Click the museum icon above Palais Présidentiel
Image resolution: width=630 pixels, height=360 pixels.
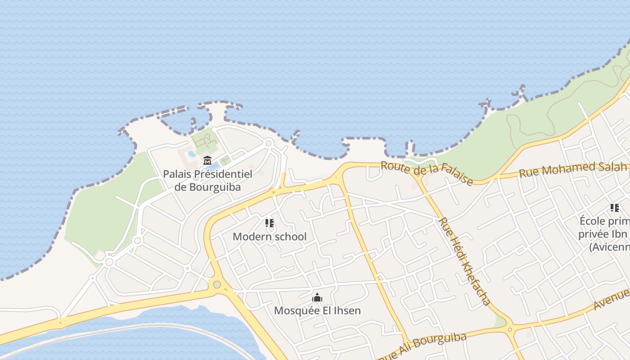pyautogui.click(x=207, y=160)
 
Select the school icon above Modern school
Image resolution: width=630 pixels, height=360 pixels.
pyautogui.click(x=270, y=223)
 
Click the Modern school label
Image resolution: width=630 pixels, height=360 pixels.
pyautogui.click(x=270, y=236)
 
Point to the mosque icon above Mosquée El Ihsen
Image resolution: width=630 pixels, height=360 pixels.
pyautogui.click(x=317, y=297)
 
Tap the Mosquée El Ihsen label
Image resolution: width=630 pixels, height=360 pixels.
pyautogui.click(x=317, y=310)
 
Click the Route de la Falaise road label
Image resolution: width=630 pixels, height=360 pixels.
pyautogui.click(x=427, y=173)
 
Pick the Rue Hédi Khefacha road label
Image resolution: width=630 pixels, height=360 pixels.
pyautogui.click(x=464, y=261)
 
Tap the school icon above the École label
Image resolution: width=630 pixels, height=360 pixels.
pyautogui.click(x=614, y=208)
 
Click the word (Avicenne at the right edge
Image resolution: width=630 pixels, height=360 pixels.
pyautogui.click(x=609, y=247)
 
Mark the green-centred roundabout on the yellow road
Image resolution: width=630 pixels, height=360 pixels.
pyautogui.click(x=217, y=284)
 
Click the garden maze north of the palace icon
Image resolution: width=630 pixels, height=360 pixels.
pyautogui.click(x=205, y=140)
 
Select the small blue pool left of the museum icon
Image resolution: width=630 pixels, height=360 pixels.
pyautogui.click(x=192, y=154)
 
